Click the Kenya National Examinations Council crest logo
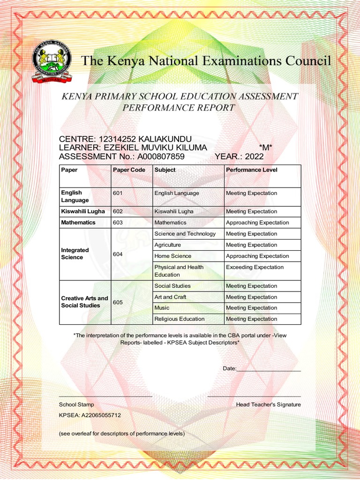[52, 62]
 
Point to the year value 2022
[254, 157]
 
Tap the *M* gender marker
[266, 148]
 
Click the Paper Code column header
[129, 170]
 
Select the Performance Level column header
[251, 170]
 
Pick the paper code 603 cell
[118, 223]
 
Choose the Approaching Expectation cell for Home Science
[257, 256]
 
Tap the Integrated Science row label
[72, 254]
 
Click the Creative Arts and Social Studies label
[84, 302]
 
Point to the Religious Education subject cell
[179, 319]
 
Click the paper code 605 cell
[118, 302]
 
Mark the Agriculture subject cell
[167, 245]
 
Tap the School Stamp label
[76, 405]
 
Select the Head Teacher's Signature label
[268, 405]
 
